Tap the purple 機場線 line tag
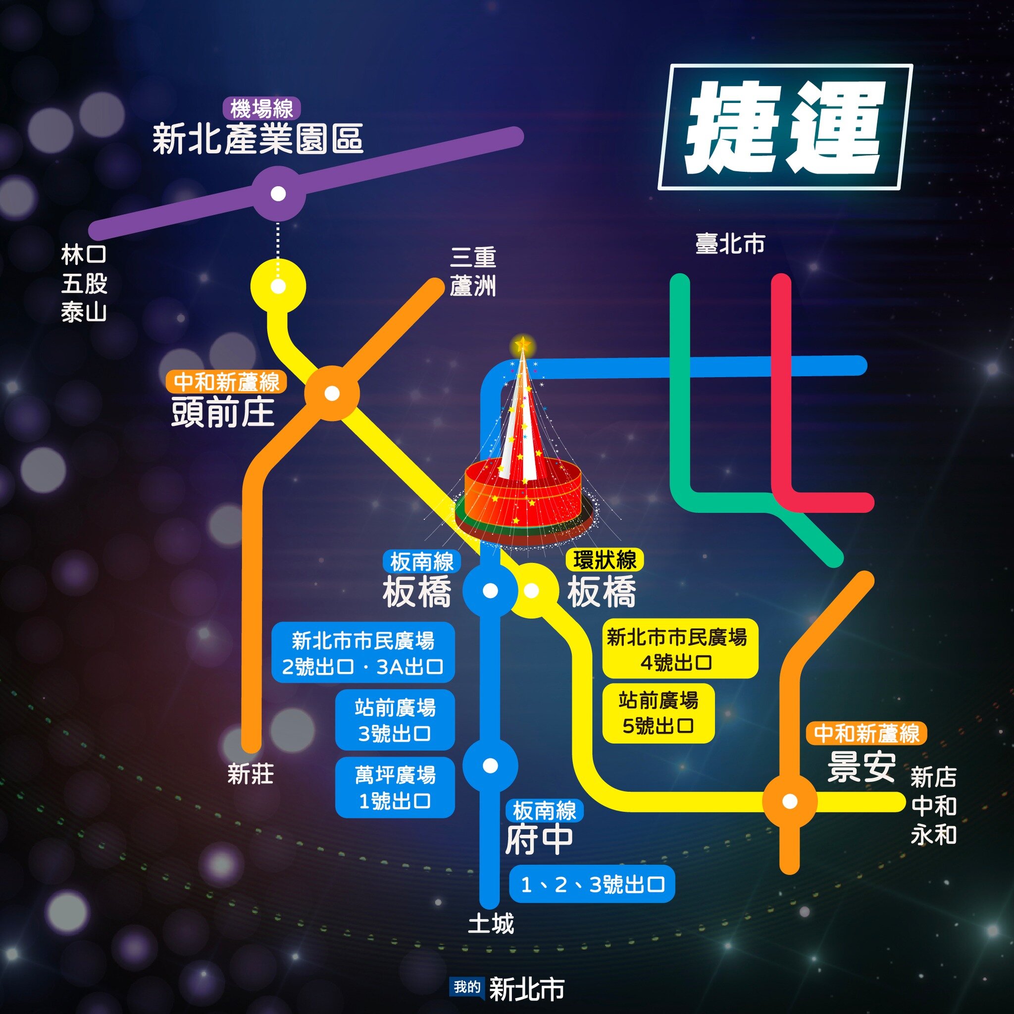pyautogui.click(x=261, y=109)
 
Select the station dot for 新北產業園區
pyautogui.click(x=278, y=194)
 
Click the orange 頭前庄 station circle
pyautogui.click(x=332, y=393)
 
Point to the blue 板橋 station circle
pyautogui.click(x=490, y=591)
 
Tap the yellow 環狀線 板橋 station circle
pyautogui.click(x=532, y=591)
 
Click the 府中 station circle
pyautogui.click(x=490, y=766)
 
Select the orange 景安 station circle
pyautogui.click(x=789, y=802)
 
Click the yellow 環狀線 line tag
pyautogui.click(x=605, y=560)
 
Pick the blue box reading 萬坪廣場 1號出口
pyautogui.click(x=395, y=787)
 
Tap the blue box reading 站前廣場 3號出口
pyautogui.click(x=395, y=719)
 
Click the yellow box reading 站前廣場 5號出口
pyautogui.click(x=658, y=713)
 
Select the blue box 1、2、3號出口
pyautogui.click(x=592, y=885)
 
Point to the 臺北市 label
pyautogui.click(x=730, y=244)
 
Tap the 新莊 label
pyautogui.click(x=251, y=774)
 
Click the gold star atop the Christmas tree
pyautogui.click(x=522, y=345)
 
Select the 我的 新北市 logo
pyautogui.click(x=507, y=987)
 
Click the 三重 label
pyautogui.click(x=473, y=257)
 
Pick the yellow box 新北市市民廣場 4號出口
pyautogui.click(x=680, y=649)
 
